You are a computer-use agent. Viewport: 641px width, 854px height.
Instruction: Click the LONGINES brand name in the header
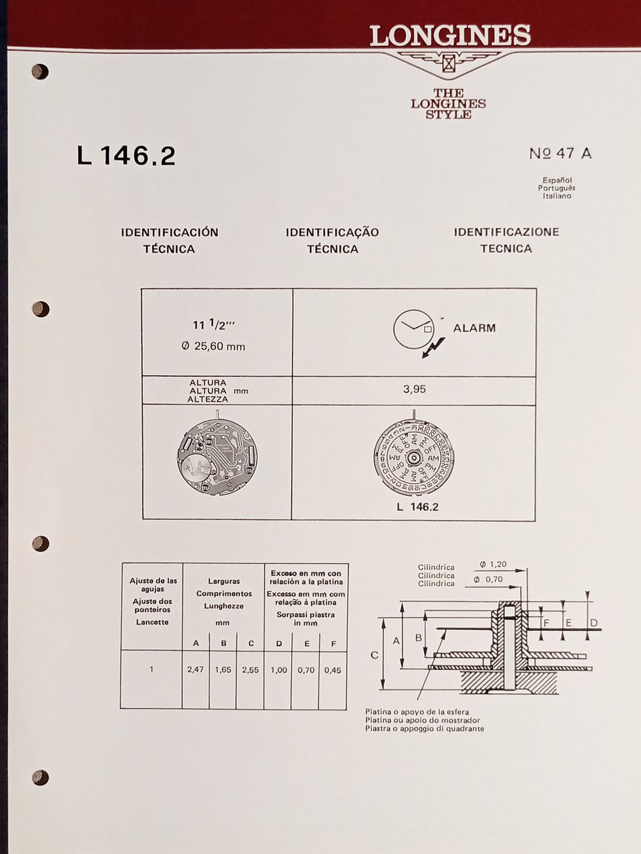pos(451,36)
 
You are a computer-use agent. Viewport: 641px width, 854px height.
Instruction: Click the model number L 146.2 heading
pos(126,155)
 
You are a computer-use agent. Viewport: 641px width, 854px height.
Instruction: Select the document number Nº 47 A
pos(560,153)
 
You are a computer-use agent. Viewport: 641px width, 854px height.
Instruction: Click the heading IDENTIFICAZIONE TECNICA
pos(506,240)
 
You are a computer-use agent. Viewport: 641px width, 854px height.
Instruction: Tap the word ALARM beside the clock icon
pos(474,328)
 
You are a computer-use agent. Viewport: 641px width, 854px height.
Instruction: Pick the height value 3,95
pos(414,390)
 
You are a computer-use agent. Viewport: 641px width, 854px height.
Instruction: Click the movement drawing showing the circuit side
pos(217,457)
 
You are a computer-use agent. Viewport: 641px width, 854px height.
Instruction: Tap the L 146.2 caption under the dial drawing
pos(417,506)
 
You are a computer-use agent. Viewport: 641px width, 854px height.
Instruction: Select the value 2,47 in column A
pos(196,669)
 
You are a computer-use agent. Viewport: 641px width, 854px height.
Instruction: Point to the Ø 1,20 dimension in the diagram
pos(493,564)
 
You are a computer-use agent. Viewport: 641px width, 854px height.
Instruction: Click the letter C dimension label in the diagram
pos(374,655)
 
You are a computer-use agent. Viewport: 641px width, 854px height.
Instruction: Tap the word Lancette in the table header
pos(152,622)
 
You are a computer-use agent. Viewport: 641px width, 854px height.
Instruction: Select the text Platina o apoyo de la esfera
pos(417,712)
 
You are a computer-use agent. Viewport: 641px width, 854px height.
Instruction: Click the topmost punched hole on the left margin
pos(40,71)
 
